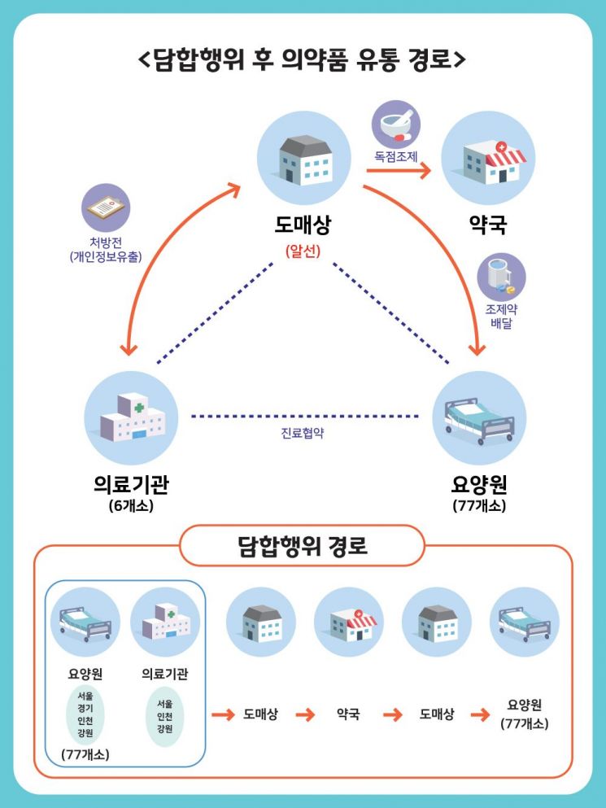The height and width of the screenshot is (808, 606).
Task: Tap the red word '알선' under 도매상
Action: pyautogui.click(x=303, y=251)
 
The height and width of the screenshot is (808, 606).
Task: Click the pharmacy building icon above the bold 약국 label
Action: pyautogui.click(x=488, y=158)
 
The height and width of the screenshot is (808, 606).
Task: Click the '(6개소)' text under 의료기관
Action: pyautogui.click(x=131, y=506)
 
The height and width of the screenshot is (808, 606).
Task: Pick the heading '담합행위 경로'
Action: pyautogui.click(x=303, y=546)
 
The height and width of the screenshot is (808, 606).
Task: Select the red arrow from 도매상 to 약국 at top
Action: pyautogui.click(x=399, y=171)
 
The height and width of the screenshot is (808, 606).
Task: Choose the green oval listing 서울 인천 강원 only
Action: pyautogui.click(x=165, y=714)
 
